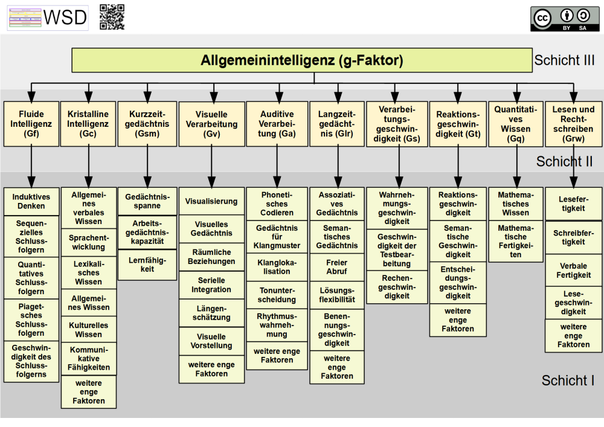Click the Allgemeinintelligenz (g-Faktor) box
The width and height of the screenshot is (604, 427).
tap(301, 60)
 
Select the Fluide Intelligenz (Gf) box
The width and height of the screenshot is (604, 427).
tap(31, 124)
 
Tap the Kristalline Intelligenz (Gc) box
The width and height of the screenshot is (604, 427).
tap(88, 124)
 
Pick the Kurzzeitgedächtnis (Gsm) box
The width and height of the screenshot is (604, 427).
tap(147, 124)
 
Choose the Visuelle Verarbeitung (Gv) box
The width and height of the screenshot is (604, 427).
tap(211, 124)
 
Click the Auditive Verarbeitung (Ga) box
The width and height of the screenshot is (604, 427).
tap(277, 124)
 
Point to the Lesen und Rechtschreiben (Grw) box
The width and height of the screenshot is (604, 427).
tap(573, 124)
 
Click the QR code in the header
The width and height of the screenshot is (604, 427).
tap(112, 17)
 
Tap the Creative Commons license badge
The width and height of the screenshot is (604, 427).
tap(565, 18)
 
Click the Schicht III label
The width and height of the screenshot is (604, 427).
tap(564, 61)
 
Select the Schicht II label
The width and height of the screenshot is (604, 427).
tap(564, 161)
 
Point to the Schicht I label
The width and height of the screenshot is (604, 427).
tap(568, 380)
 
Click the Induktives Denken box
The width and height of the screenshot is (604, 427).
tap(31, 202)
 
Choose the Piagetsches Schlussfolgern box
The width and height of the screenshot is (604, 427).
tap(31, 319)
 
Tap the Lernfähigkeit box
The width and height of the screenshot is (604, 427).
tap(147, 265)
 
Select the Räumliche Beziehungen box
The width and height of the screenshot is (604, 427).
tap(211, 257)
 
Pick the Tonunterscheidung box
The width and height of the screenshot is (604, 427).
tap(277, 295)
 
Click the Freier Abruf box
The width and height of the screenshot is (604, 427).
tap(337, 267)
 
